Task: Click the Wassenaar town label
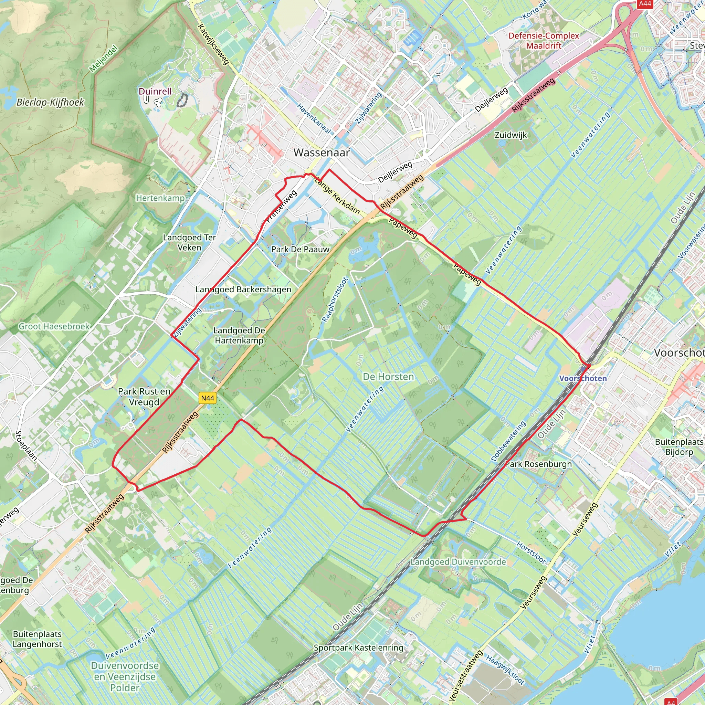(x=322, y=152)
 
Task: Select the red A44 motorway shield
(x=645, y=4)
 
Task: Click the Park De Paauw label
(x=300, y=249)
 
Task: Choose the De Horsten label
(x=388, y=377)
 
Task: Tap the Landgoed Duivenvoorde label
(x=458, y=561)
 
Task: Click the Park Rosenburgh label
(x=538, y=464)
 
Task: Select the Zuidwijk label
(x=511, y=135)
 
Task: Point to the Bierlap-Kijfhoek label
(x=50, y=102)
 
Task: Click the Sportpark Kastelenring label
(x=358, y=648)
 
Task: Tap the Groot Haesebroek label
(x=54, y=326)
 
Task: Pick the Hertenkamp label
(x=160, y=198)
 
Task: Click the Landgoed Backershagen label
(x=243, y=290)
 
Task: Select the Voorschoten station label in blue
(x=583, y=378)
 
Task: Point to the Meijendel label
(x=104, y=59)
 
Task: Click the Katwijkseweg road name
(x=213, y=44)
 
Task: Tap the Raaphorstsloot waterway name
(x=335, y=299)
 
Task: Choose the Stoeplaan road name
(x=26, y=445)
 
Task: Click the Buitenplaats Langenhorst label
(x=37, y=639)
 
